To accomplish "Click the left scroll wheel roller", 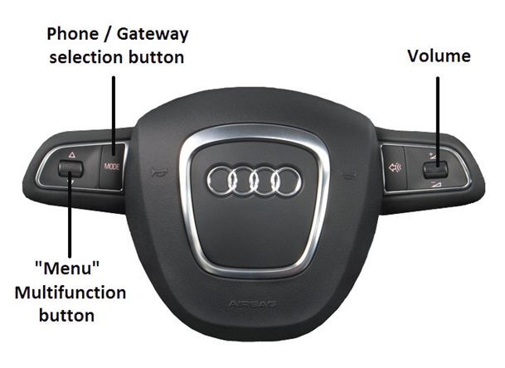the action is click(70, 169).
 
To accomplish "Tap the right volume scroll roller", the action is click(435, 169).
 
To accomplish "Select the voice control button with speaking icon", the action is click(395, 167).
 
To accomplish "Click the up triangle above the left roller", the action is click(71, 154).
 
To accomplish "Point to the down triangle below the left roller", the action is click(71, 183).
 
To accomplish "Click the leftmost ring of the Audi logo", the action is click(223, 180).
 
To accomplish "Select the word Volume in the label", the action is click(438, 56).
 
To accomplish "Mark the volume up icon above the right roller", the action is click(435, 155).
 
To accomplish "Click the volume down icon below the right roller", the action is click(435, 183).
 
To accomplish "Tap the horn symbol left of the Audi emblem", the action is click(153, 174).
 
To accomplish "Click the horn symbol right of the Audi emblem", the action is click(352, 174).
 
